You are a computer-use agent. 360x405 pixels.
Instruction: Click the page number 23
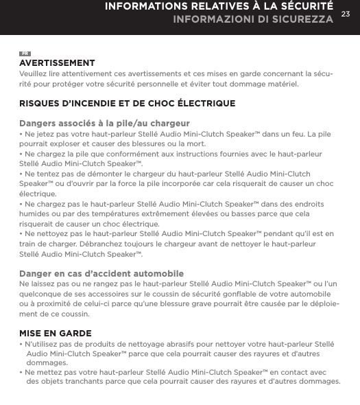coord(345,14)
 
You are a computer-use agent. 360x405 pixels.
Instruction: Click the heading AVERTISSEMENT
coord(57,63)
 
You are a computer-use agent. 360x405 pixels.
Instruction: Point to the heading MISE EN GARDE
coord(56,334)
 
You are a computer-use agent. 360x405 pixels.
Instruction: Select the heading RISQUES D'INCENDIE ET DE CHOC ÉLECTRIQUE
coord(127,103)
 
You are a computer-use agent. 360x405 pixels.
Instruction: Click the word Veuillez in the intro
coord(34,73)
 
